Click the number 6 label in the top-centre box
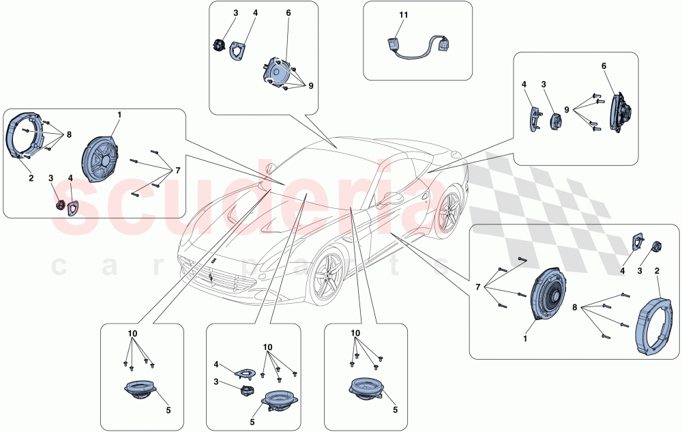288,13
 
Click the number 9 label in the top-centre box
310,86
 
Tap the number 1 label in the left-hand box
119,115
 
